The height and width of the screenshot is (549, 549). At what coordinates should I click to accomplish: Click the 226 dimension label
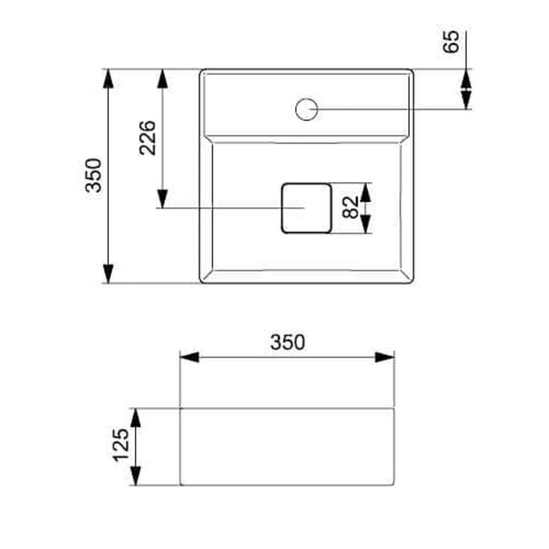(x=147, y=138)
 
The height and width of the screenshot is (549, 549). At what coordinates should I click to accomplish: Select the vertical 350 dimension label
(x=93, y=176)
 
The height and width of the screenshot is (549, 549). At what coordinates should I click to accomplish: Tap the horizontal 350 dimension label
(x=288, y=343)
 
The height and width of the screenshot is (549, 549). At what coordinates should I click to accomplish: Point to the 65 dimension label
(x=451, y=42)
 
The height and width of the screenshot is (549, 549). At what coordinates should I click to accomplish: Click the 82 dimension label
(x=350, y=208)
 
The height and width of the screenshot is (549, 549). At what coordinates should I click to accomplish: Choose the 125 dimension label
(x=121, y=445)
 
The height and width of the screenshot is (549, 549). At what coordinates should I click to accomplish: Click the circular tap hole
(x=306, y=109)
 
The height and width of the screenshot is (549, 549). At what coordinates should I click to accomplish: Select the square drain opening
(x=306, y=208)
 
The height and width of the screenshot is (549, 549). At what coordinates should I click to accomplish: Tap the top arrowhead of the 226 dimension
(x=162, y=79)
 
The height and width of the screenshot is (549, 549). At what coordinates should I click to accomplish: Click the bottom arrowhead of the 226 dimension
(x=162, y=199)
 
